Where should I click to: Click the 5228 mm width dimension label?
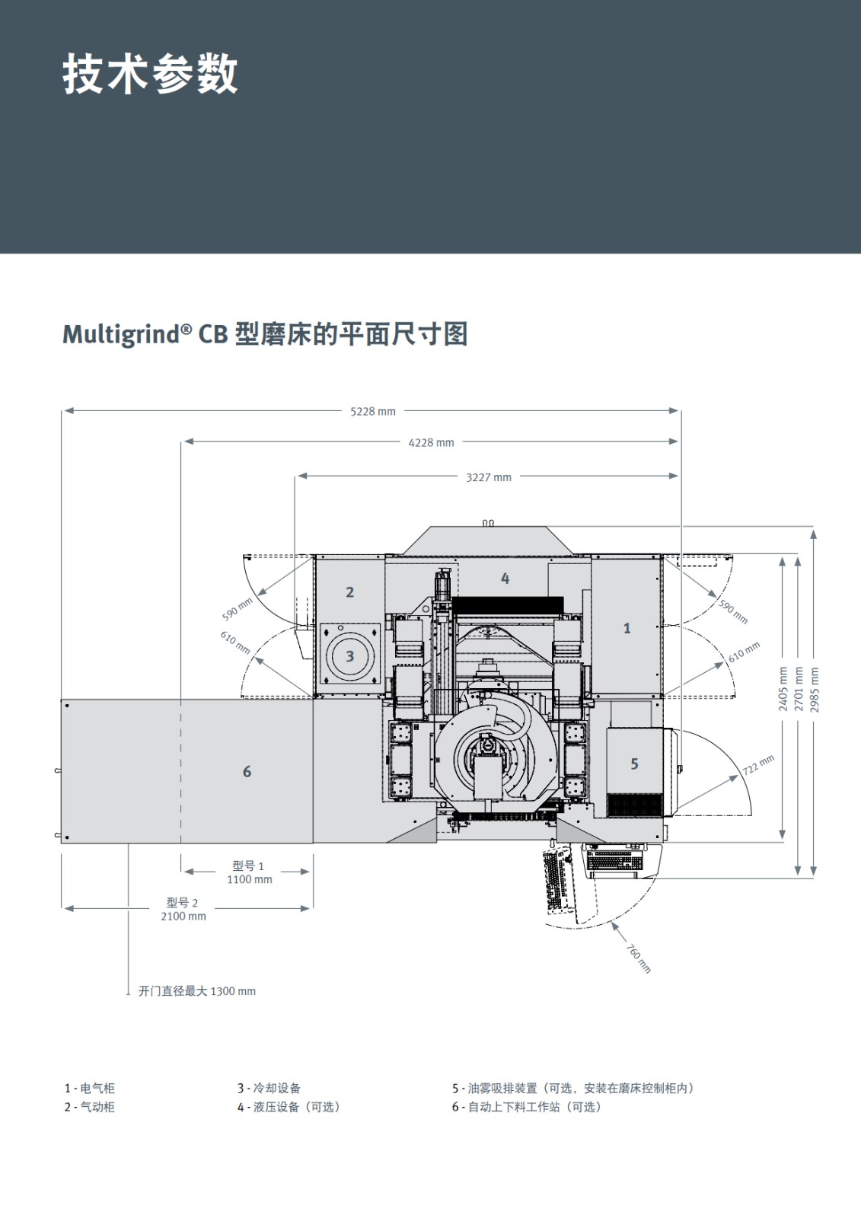tap(373, 412)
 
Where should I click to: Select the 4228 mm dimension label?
tap(431, 442)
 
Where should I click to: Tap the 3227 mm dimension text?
tap(489, 477)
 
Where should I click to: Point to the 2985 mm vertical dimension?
tap(815, 690)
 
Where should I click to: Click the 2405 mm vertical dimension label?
tap(783, 689)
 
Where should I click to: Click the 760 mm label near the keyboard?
tap(639, 958)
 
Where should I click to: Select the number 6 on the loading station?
tap(247, 772)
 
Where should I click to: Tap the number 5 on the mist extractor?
tap(634, 764)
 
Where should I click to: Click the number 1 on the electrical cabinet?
tap(627, 629)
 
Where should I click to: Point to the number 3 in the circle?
tap(349, 656)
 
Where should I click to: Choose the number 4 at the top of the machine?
tap(505, 579)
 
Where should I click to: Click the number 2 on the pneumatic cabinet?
tap(349, 592)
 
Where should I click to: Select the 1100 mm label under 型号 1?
tap(249, 879)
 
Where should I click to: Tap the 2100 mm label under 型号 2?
tap(183, 917)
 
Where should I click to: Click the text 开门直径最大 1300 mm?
tap(196, 991)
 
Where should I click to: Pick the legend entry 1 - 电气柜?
tap(89, 1089)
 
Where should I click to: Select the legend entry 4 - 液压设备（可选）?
tap(289, 1107)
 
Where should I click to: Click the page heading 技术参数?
tap(150, 75)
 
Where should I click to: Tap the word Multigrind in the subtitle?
tap(121, 334)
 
